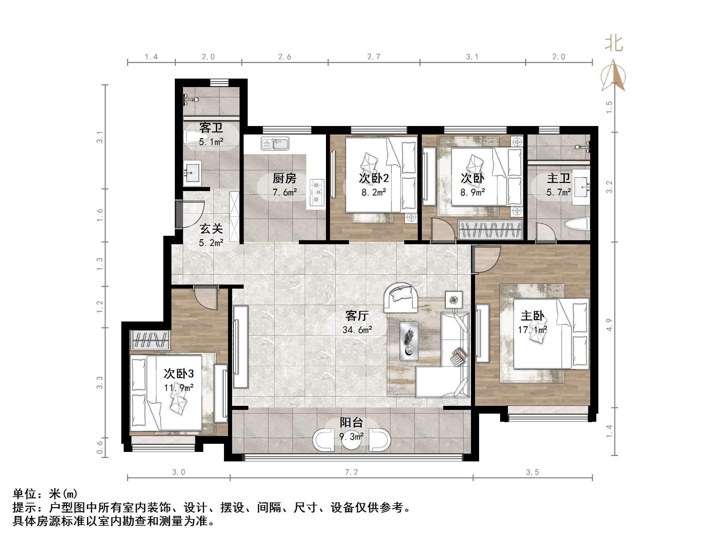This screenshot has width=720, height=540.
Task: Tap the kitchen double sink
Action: (x=275, y=144)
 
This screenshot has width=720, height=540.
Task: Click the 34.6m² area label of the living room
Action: (x=357, y=330)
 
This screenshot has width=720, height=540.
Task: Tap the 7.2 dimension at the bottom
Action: (x=351, y=472)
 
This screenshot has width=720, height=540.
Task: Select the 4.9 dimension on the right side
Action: (x=609, y=325)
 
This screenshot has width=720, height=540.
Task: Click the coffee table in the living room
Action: (x=409, y=341)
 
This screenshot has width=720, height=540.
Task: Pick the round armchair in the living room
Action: (x=400, y=297)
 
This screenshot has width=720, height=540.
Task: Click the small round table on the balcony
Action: (x=352, y=440)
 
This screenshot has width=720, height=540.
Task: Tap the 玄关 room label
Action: (x=211, y=229)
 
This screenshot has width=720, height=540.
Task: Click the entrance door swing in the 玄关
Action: (x=192, y=214)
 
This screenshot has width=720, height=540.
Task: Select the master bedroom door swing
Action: (x=485, y=259)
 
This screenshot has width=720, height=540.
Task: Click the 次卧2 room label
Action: (x=374, y=178)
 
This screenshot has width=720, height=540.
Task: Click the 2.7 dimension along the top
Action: (x=374, y=57)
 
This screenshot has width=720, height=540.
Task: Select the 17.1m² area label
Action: (x=532, y=330)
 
